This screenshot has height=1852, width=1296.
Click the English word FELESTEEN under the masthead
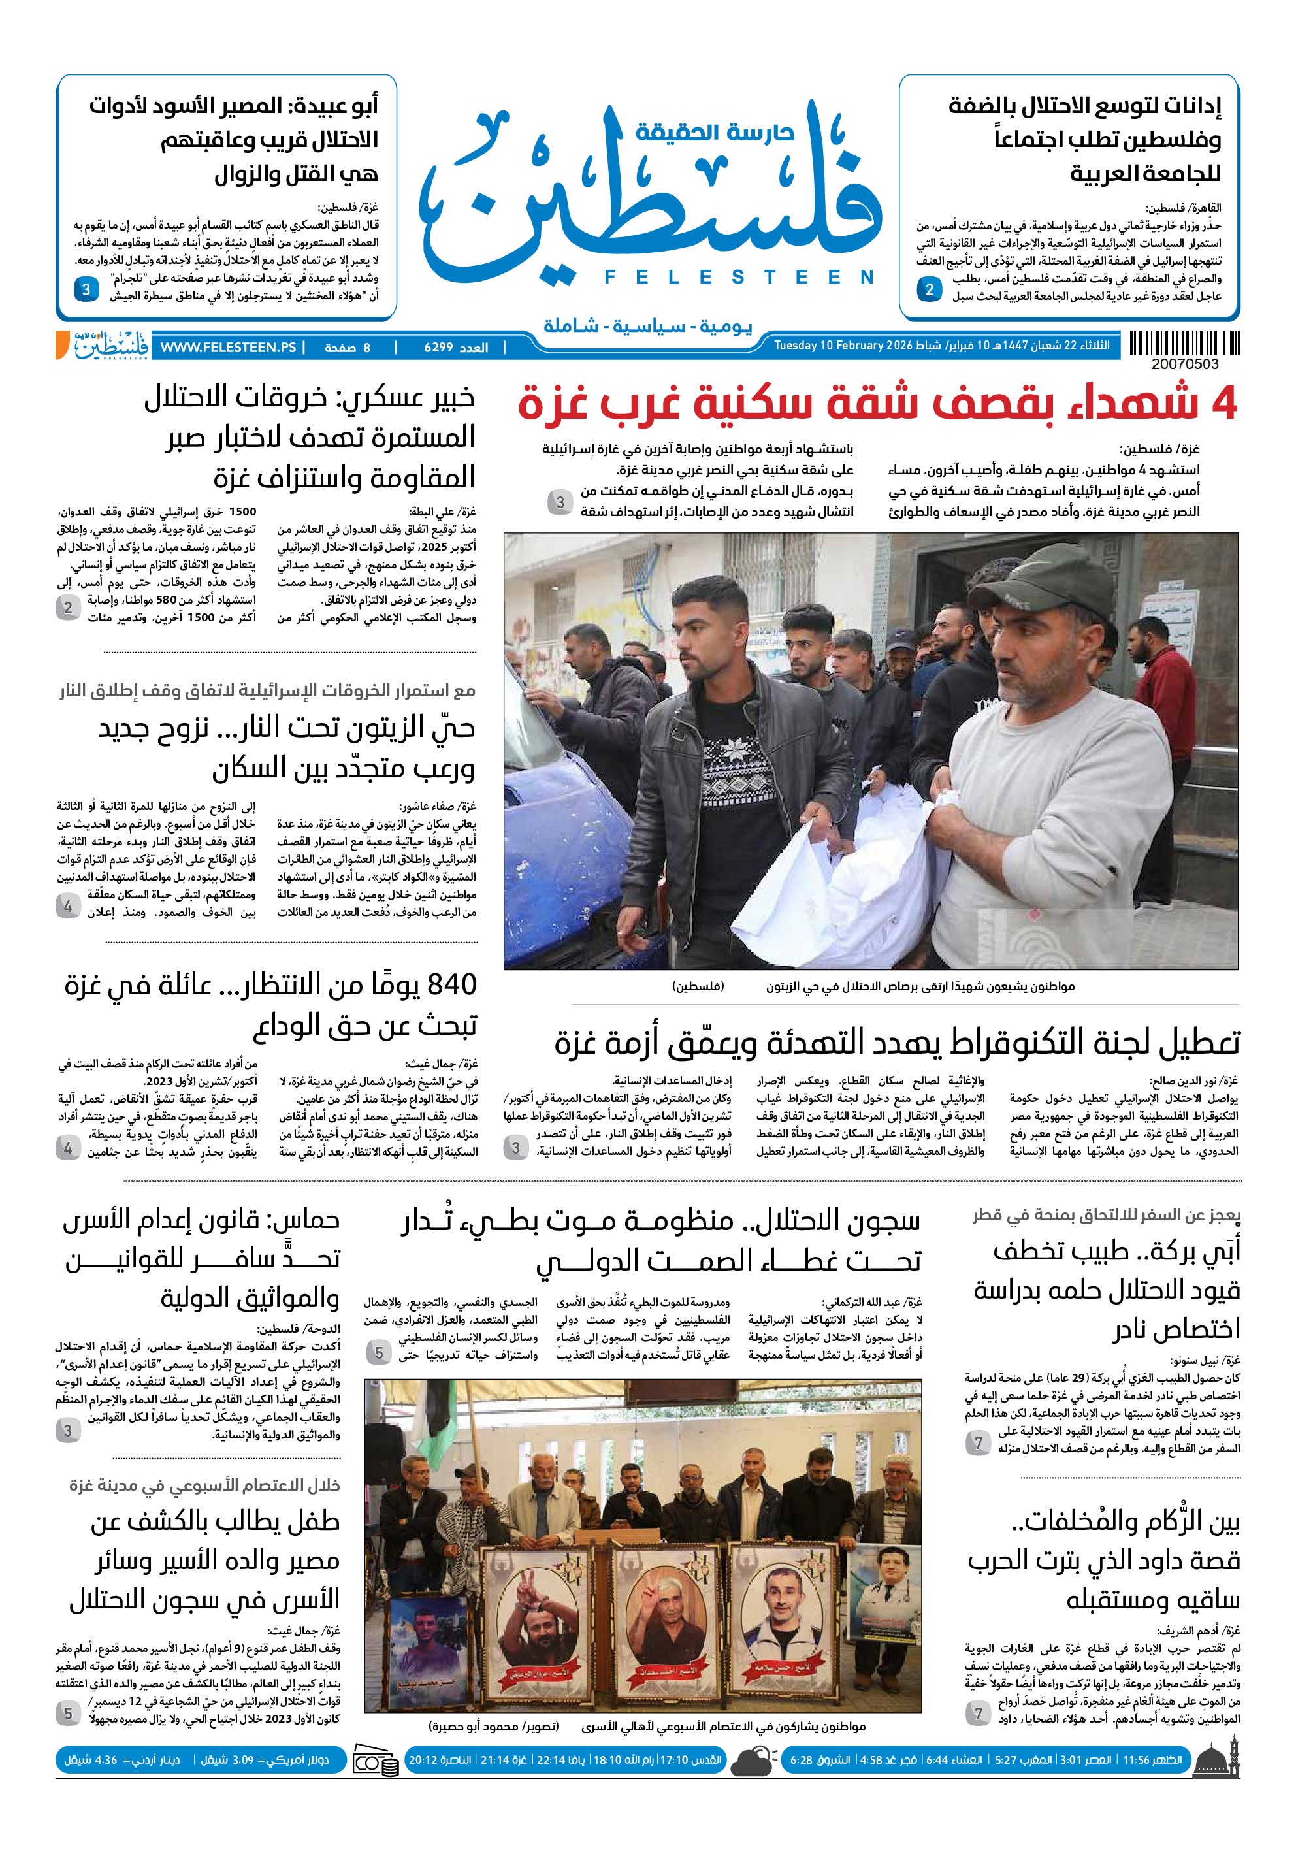(x=739, y=278)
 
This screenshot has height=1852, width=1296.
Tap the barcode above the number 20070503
(x=1184, y=344)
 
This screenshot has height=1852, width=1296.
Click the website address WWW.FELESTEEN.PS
(x=228, y=348)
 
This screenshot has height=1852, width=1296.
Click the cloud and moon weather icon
(x=753, y=1761)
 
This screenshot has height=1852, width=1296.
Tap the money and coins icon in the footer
(x=375, y=1761)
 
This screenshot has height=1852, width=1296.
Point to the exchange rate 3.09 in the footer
(x=243, y=1760)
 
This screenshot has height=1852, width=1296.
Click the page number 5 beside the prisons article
(x=378, y=1353)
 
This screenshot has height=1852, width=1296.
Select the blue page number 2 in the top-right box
(x=930, y=289)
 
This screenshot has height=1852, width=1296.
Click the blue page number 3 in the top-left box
(x=86, y=289)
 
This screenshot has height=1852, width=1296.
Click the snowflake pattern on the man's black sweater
(x=736, y=750)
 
